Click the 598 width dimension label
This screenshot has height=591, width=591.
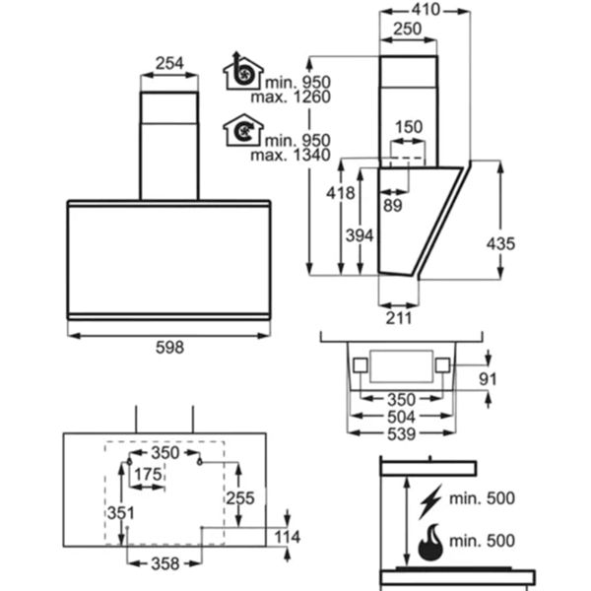[x=169, y=347]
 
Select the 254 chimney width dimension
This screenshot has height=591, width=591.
[x=169, y=63]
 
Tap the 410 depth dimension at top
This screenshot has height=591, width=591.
[x=426, y=10]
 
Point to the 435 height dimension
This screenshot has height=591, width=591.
[x=500, y=243]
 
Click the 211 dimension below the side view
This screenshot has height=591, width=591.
[x=399, y=318]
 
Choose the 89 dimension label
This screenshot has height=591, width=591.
[x=393, y=206]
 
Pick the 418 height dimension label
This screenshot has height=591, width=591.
[x=341, y=193]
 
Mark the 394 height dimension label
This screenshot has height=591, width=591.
[x=360, y=235]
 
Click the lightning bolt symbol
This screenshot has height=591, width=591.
[x=430, y=501]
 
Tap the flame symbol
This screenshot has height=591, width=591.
[x=430, y=542]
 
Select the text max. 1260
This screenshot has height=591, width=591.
[x=291, y=97]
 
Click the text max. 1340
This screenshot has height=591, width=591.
[x=291, y=155]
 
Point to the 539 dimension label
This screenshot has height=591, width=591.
[x=402, y=433]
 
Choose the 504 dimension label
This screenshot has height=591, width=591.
[x=402, y=417]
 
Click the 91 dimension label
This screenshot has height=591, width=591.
[x=488, y=379]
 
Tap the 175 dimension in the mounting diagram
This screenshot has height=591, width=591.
[x=148, y=474]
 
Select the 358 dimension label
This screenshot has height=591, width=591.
[x=165, y=563]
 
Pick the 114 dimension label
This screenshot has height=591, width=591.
[x=287, y=537]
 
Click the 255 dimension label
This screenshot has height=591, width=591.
[x=240, y=498]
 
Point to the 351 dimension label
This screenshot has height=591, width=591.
[x=120, y=513]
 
